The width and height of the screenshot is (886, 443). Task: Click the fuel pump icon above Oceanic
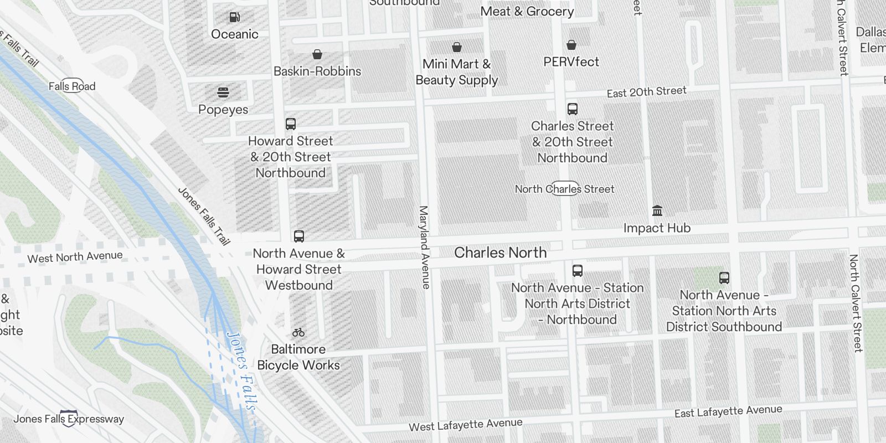[235, 17]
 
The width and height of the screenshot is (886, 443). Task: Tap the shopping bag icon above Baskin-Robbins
[317, 54]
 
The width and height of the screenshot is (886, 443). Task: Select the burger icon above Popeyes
[223, 92]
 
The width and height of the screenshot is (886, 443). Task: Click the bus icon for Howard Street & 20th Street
[291, 124]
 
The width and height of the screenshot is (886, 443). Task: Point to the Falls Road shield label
[72, 86]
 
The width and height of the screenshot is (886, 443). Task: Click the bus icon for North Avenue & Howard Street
[299, 236]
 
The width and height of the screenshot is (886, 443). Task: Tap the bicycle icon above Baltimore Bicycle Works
[298, 332]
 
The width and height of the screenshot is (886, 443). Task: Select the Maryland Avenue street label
[424, 247]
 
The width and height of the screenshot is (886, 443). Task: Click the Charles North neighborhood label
[500, 253]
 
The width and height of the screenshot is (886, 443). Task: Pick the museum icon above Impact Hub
[657, 211]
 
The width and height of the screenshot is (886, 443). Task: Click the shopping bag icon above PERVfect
[571, 45]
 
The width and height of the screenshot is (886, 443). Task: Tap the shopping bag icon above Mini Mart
[457, 47]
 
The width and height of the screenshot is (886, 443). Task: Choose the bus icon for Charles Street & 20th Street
[573, 109]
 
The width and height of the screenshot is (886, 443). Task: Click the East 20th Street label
[646, 92]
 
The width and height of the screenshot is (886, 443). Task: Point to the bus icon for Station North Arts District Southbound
[724, 278]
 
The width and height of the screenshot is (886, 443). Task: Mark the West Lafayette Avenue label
[465, 425]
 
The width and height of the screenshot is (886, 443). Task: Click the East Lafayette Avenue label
[728, 411]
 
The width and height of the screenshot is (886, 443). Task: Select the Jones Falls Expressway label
[69, 419]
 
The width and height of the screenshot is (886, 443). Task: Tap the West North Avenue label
[75, 257]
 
